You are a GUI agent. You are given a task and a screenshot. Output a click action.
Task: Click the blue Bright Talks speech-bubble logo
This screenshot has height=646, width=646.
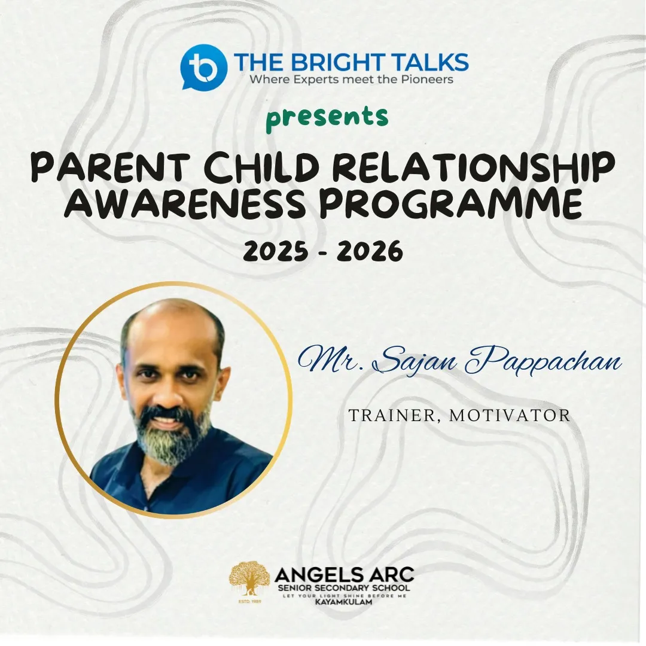[x=203, y=66]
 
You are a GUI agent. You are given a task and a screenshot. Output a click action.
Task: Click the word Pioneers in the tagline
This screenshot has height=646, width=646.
[x=427, y=80]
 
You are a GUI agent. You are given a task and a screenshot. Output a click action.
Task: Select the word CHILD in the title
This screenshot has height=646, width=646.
[x=262, y=167]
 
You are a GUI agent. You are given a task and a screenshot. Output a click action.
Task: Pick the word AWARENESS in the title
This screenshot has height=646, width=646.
[x=185, y=204]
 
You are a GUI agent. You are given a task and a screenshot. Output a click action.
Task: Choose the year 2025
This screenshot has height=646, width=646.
[x=275, y=251]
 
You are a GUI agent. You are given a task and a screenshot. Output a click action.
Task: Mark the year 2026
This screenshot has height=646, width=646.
[x=370, y=251]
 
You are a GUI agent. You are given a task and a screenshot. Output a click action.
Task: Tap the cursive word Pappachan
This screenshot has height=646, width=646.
[x=543, y=362]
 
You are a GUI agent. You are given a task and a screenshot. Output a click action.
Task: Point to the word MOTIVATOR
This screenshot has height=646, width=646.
[x=510, y=415]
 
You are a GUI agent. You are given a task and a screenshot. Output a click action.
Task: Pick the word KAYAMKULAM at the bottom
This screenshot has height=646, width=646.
[x=343, y=602]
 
